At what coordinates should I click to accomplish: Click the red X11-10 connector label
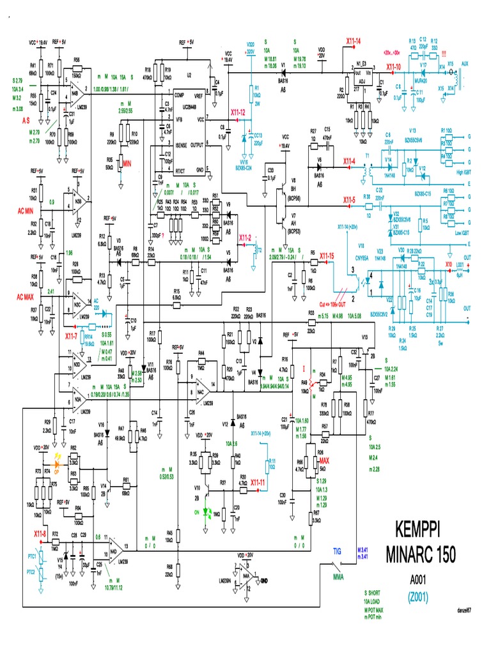393,66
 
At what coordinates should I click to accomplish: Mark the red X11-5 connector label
348,200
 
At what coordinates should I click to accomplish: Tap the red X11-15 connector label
327,255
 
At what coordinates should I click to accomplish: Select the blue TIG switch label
338,550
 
